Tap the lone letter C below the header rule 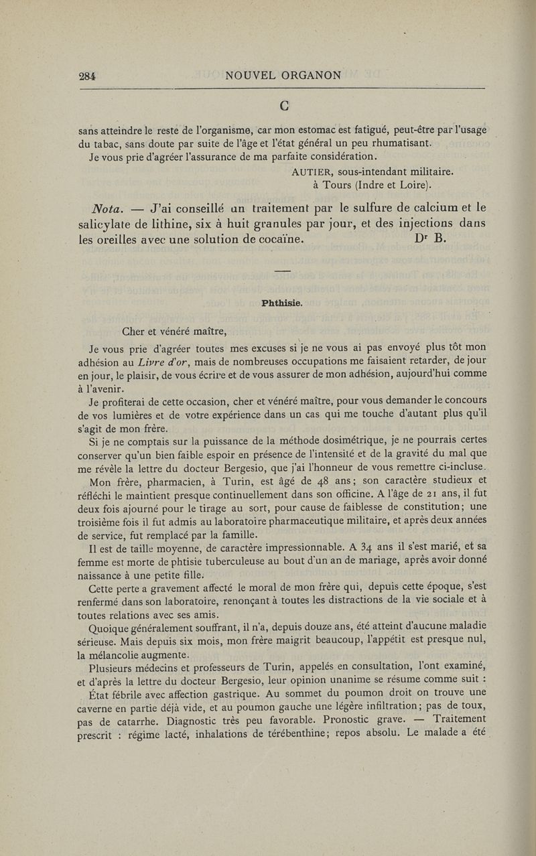(283, 105)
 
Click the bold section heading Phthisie (283, 303)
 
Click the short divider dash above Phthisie (283, 270)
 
